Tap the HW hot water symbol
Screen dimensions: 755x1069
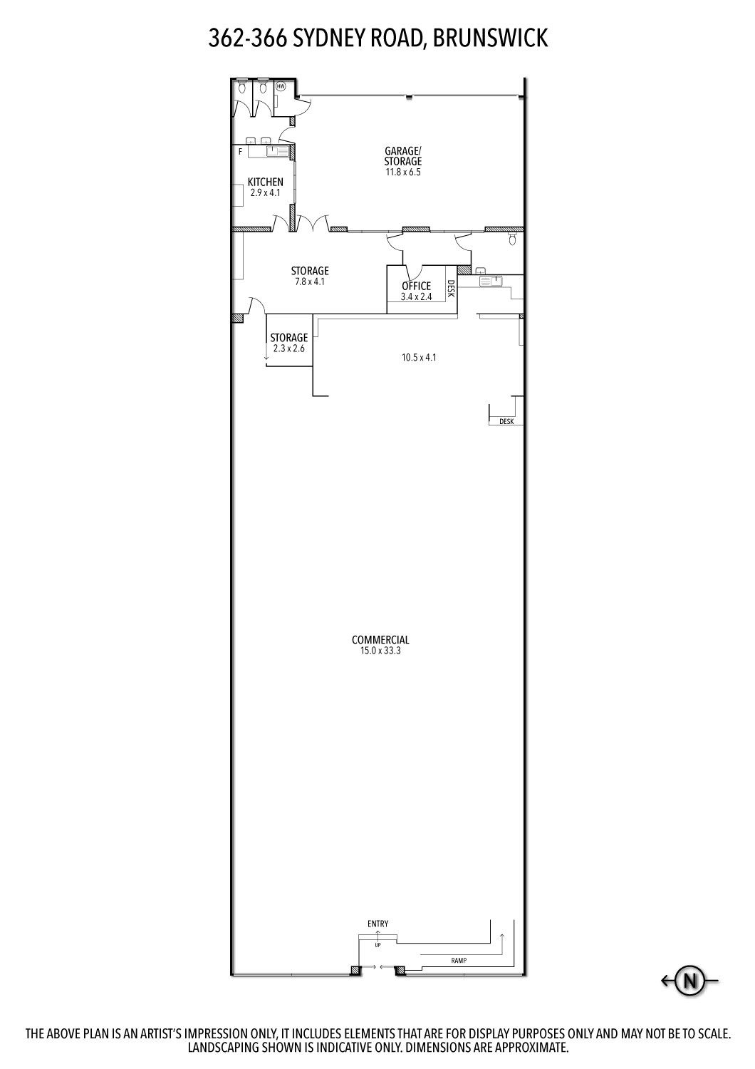coord(281,86)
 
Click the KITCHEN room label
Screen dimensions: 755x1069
coord(265,182)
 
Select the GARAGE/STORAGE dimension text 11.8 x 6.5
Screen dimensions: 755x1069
coord(403,172)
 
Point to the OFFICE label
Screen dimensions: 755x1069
coord(417,286)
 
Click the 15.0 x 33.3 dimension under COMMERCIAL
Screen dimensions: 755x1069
coord(380,651)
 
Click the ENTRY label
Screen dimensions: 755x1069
coord(377,924)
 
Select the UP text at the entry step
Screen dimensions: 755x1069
coord(377,945)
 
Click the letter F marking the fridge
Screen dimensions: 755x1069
coord(240,152)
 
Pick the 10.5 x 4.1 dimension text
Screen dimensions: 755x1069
coord(419,357)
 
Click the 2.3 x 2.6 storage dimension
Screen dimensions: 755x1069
coord(289,348)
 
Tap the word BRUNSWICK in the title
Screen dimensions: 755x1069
coord(490,38)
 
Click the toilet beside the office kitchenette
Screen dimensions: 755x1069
coord(512,238)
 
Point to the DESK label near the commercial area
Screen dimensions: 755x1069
coord(506,421)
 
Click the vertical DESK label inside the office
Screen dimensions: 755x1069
coord(450,289)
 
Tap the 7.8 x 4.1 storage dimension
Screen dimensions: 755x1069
coord(310,282)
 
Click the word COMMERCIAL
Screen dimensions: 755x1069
coord(380,640)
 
